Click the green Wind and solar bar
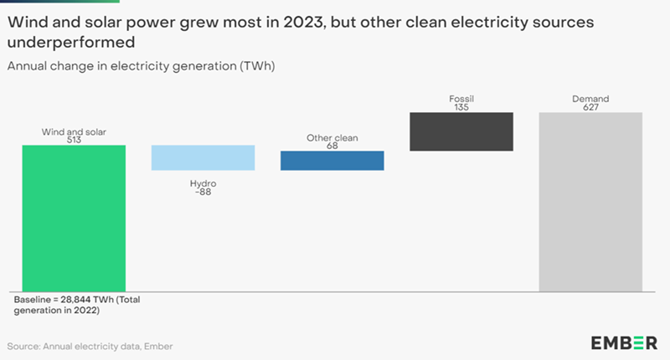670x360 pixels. tap(74, 219)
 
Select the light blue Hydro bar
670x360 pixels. tap(203, 157)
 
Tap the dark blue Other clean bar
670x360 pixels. tap(332, 161)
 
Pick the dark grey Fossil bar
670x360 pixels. tap(461, 131)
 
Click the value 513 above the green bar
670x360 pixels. tap(74, 140)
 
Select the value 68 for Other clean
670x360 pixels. tap(332, 146)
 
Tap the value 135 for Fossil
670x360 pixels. tap(461, 107)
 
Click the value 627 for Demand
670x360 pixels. tap(590, 107)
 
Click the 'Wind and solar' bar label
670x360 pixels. tap(74, 131)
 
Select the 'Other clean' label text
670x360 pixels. tap(332, 136)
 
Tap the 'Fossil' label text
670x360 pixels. tap(461, 98)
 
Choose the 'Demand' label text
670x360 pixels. tap(590, 98)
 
